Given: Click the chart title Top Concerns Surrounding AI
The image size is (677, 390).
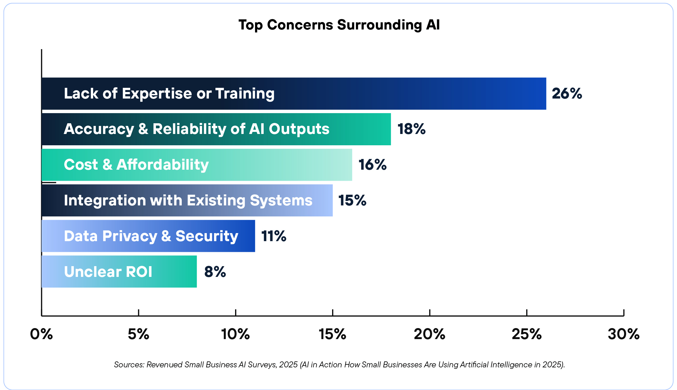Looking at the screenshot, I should pos(339,25).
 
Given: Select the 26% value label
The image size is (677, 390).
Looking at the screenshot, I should pos(567,93).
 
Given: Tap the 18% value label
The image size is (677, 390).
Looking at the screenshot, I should pos(412,129).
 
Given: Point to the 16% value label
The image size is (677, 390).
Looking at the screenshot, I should pos(372,165).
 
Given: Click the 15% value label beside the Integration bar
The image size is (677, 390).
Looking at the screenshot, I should pos(352,200).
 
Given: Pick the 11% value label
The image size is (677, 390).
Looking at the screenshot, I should pos(274,236).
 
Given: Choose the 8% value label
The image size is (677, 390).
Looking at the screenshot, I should pos(215,272).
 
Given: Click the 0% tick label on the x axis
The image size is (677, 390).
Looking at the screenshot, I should pos(41,334).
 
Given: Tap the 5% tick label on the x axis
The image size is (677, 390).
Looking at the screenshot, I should pos(138,334).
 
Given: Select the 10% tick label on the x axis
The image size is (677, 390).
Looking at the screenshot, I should pos(235,334).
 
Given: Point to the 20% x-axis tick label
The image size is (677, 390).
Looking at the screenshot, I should pos(429,334).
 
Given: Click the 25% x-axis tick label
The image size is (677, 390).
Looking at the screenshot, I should pos(526,334).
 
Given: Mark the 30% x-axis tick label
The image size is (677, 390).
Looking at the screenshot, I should pos(624,334).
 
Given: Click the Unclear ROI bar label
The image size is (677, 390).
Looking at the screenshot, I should pos(108,272).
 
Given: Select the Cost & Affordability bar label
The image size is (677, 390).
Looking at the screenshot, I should pos(136,165).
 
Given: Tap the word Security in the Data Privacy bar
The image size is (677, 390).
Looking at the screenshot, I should pos(207,236).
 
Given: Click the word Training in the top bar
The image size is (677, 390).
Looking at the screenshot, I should pos(245,94).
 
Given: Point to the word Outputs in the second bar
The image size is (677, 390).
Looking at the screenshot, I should pos(299,129).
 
